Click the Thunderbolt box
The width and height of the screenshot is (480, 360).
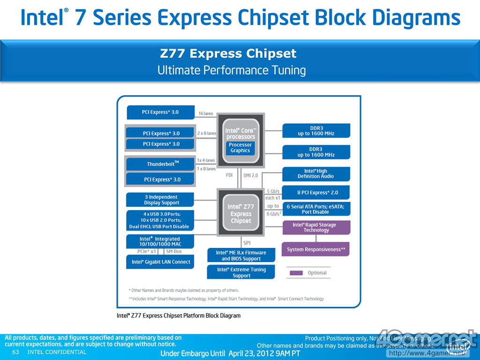(160, 164)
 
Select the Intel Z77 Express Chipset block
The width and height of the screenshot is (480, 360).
(240, 213)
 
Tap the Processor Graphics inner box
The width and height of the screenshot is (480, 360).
(240, 148)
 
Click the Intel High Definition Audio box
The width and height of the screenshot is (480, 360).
(316, 174)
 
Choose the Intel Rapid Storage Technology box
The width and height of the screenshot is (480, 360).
(316, 227)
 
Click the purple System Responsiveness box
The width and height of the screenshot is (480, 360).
(316, 249)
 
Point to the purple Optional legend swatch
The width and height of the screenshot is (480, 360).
(296, 273)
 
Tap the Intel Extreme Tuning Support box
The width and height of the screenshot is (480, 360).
(241, 272)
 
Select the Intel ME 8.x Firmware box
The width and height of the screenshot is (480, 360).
(241, 255)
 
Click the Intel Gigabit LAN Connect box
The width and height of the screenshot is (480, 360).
(160, 262)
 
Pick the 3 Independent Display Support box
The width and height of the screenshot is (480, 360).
(160, 200)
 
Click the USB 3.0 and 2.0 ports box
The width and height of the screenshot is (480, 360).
(160, 220)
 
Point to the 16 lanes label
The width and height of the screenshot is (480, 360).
(205, 113)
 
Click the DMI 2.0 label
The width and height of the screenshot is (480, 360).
(251, 175)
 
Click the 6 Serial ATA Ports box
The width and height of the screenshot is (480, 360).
(316, 209)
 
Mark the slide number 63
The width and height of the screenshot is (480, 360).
(15, 352)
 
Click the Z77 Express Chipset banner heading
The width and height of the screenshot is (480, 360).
(228, 54)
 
